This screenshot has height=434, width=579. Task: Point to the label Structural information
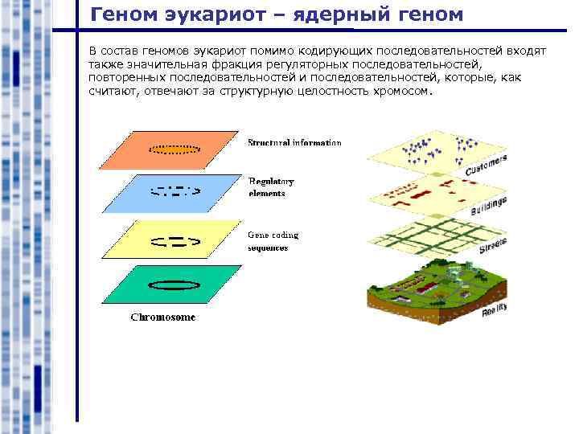tap(294, 143)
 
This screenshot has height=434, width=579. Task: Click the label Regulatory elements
tap(272, 187)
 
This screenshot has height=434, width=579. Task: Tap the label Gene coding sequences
tap(273, 241)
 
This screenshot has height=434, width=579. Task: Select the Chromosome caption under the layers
tap(163, 317)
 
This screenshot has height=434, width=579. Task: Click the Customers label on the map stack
tap(486, 166)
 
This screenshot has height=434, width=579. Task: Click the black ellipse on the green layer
tap(175, 284)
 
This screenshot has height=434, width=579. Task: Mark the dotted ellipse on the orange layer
tap(175, 149)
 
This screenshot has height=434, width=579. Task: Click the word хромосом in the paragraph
tap(402, 92)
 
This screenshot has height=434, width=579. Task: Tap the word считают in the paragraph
tap(112, 92)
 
